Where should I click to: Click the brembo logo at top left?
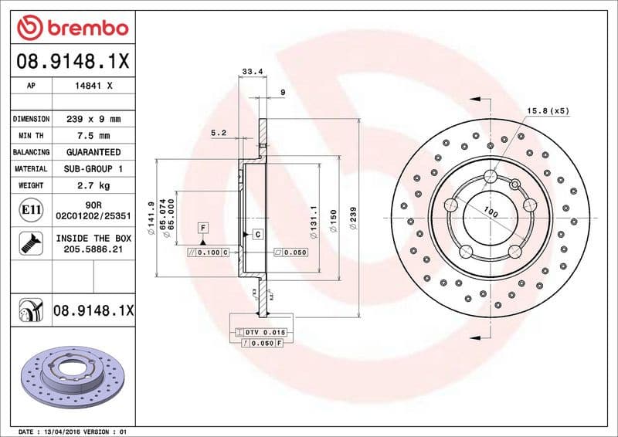point(72,28)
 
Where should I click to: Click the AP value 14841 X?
point(93,86)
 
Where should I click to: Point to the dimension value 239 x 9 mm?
point(93,120)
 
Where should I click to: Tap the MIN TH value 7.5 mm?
point(93,136)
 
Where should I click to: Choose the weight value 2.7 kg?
point(93,185)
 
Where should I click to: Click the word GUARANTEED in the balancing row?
point(93,152)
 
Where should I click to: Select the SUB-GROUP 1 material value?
point(93,168)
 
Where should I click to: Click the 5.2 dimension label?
point(218,133)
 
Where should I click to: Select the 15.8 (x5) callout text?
point(548,111)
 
